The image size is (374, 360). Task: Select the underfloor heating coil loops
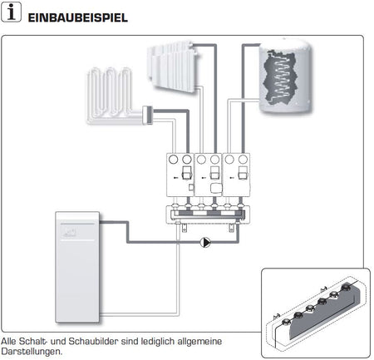[112, 96]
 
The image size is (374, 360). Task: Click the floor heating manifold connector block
[150, 115]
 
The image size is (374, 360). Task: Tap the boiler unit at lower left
[78, 266]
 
